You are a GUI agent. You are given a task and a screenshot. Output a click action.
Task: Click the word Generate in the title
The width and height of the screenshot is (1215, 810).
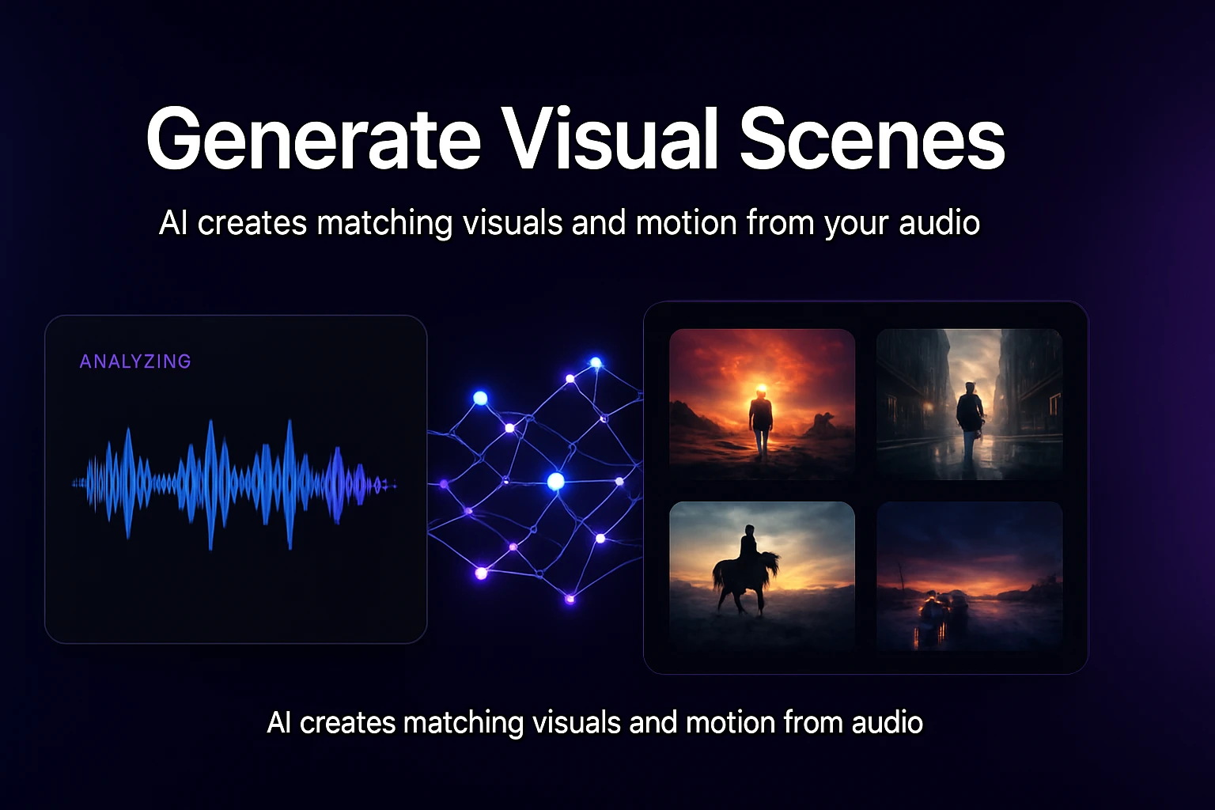(313, 139)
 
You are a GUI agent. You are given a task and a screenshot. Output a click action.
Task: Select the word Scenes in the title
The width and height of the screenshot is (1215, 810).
(872, 139)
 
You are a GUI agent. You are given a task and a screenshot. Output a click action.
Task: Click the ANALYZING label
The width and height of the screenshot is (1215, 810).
(135, 361)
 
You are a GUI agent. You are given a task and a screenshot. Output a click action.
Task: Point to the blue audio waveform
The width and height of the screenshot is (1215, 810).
(234, 483)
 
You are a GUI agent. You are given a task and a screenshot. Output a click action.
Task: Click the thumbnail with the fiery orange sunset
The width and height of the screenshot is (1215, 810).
(762, 403)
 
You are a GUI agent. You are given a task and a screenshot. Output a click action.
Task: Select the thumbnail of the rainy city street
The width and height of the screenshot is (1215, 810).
(969, 403)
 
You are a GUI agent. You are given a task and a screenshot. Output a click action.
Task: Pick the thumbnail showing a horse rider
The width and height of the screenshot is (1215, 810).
(762, 576)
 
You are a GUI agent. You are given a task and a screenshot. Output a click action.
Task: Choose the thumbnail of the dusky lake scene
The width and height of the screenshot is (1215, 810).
(969, 576)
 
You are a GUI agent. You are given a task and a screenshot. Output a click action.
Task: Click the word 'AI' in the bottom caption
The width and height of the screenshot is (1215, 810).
(279, 723)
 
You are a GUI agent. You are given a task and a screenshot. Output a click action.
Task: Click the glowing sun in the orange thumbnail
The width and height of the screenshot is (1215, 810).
(761, 389)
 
